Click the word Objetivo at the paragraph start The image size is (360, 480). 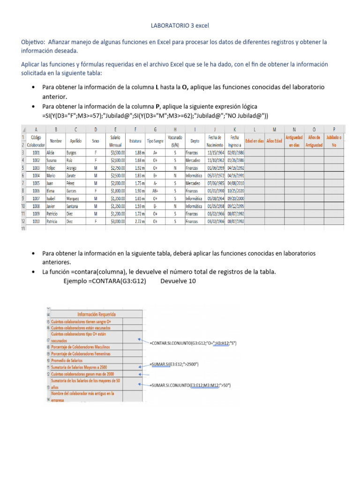click(x=34, y=42)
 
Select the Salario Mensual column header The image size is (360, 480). click(x=115, y=141)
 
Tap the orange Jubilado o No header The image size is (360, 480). click(x=334, y=141)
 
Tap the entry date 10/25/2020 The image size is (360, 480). click(x=235, y=190)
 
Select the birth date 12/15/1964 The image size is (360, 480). click(x=216, y=152)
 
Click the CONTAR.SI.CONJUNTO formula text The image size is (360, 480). click(x=193, y=344)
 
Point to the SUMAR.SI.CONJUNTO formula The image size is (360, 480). click(x=191, y=385)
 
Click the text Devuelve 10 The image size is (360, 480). click(x=178, y=281)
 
